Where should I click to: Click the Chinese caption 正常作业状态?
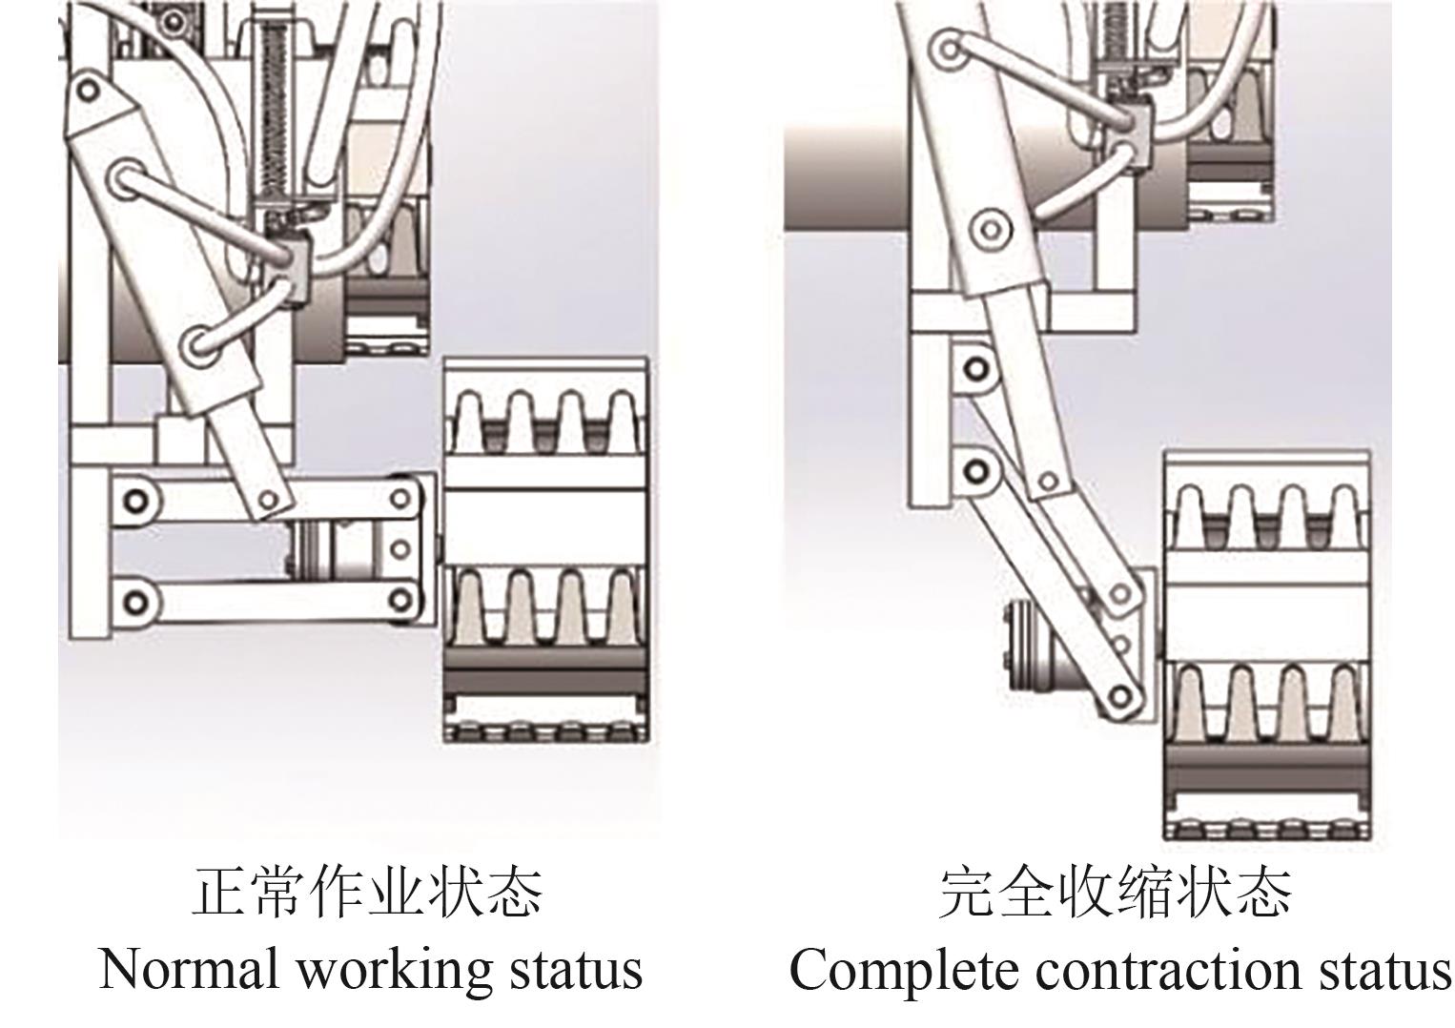coord(368,892)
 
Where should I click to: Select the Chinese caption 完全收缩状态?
coord(1115,892)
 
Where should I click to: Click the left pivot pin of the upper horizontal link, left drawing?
coord(137,499)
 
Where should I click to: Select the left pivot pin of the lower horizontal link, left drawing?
coord(137,601)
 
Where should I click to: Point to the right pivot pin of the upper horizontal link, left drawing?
coord(401,498)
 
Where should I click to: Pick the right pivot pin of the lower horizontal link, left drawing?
coord(401,600)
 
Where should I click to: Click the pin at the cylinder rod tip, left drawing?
coord(268,498)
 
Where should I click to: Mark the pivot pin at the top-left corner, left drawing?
coord(88,91)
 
